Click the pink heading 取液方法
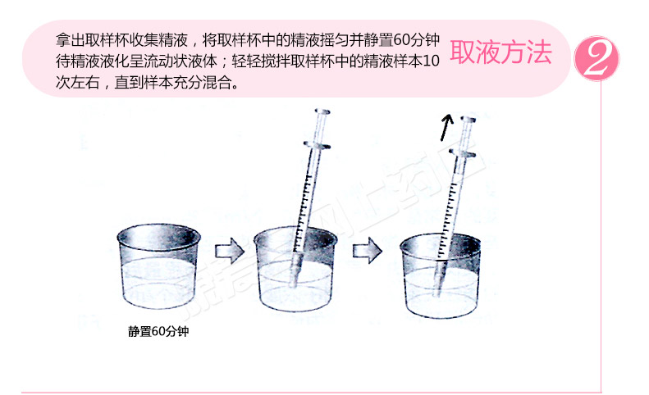[500, 52]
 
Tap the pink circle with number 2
[596, 58]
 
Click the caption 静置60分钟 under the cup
[158, 331]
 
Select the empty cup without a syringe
[159, 266]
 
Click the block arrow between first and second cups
[229, 250]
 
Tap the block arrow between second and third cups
[367, 250]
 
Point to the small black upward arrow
[446, 127]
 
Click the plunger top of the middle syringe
[322, 111]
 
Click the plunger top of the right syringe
[468, 120]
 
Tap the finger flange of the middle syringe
[317, 145]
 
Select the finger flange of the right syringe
[462, 153]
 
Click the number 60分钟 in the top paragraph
[416, 40]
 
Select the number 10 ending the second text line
[432, 61]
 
